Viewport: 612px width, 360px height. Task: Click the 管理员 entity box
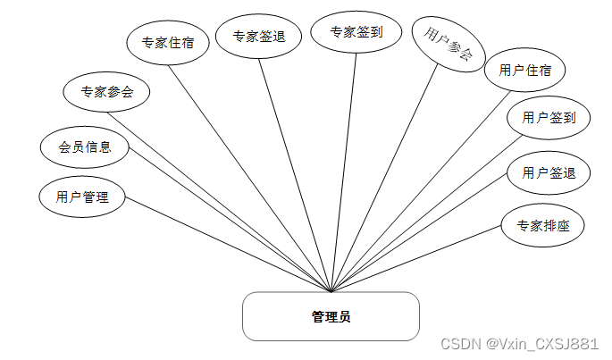click(x=331, y=316)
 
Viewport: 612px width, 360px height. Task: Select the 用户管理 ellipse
click(x=82, y=197)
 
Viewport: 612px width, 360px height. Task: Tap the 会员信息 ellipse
click(x=85, y=147)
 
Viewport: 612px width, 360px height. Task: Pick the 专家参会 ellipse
click(x=107, y=91)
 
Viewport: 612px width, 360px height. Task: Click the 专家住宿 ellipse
click(x=169, y=42)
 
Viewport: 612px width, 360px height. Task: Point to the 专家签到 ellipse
click(x=356, y=32)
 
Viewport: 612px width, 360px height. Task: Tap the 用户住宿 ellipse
click(x=525, y=71)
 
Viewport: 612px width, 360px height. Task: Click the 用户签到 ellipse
click(x=549, y=117)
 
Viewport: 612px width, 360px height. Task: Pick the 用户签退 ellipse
click(x=549, y=173)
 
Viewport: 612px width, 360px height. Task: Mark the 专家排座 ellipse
click(x=543, y=226)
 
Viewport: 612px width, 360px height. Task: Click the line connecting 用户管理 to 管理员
click(x=228, y=244)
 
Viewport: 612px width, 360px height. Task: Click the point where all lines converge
click(x=331, y=291)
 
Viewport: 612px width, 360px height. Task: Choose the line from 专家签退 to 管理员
click(x=295, y=174)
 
